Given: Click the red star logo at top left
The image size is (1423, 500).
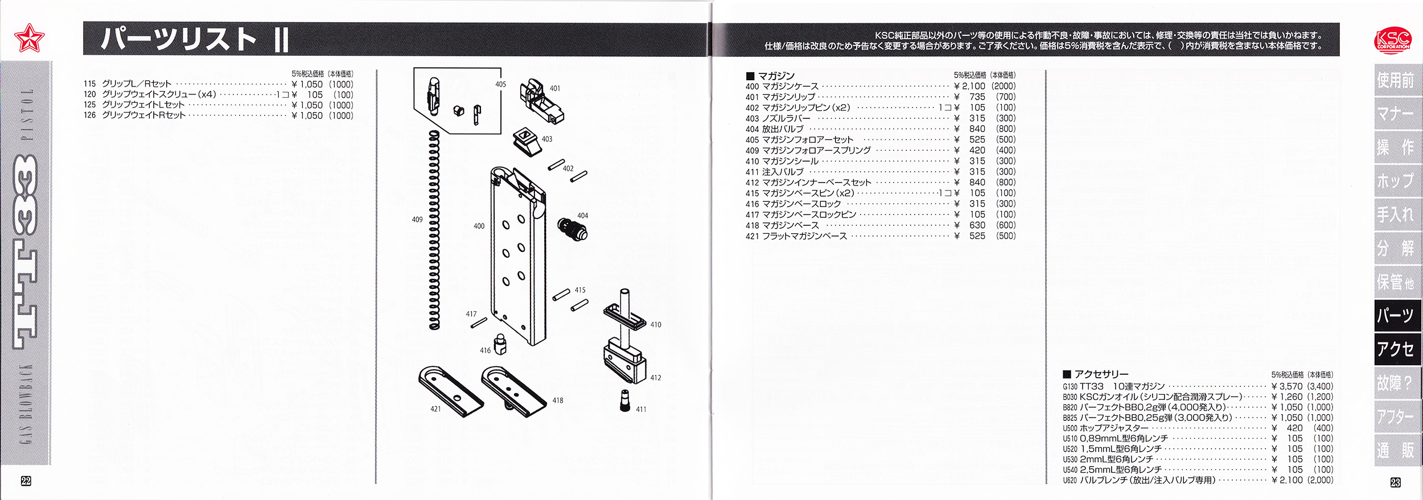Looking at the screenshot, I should pyautogui.click(x=29, y=38).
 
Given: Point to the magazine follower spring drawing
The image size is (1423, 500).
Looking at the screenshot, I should pyautogui.click(x=434, y=230).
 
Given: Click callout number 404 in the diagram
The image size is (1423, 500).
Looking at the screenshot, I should pyautogui.click(x=582, y=216).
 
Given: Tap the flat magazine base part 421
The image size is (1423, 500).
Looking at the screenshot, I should pyautogui.click(x=450, y=390).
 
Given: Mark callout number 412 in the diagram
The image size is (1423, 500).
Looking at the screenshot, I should pyautogui.click(x=656, y=378).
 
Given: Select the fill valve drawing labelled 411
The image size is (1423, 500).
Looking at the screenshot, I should pyautogui.click(x=625, y=400).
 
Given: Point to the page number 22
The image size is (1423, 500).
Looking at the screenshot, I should pyautogui.click(x=26, y=481).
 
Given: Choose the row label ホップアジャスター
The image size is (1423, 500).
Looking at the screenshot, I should pyautogui.click(x=1113, y=428).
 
